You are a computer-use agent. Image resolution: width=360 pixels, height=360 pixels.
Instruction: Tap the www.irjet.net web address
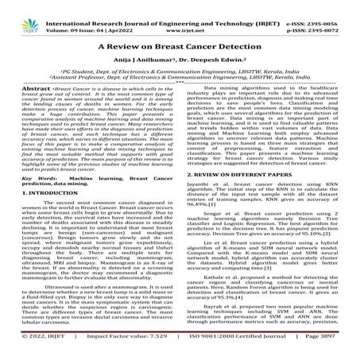(x=180, y=16)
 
